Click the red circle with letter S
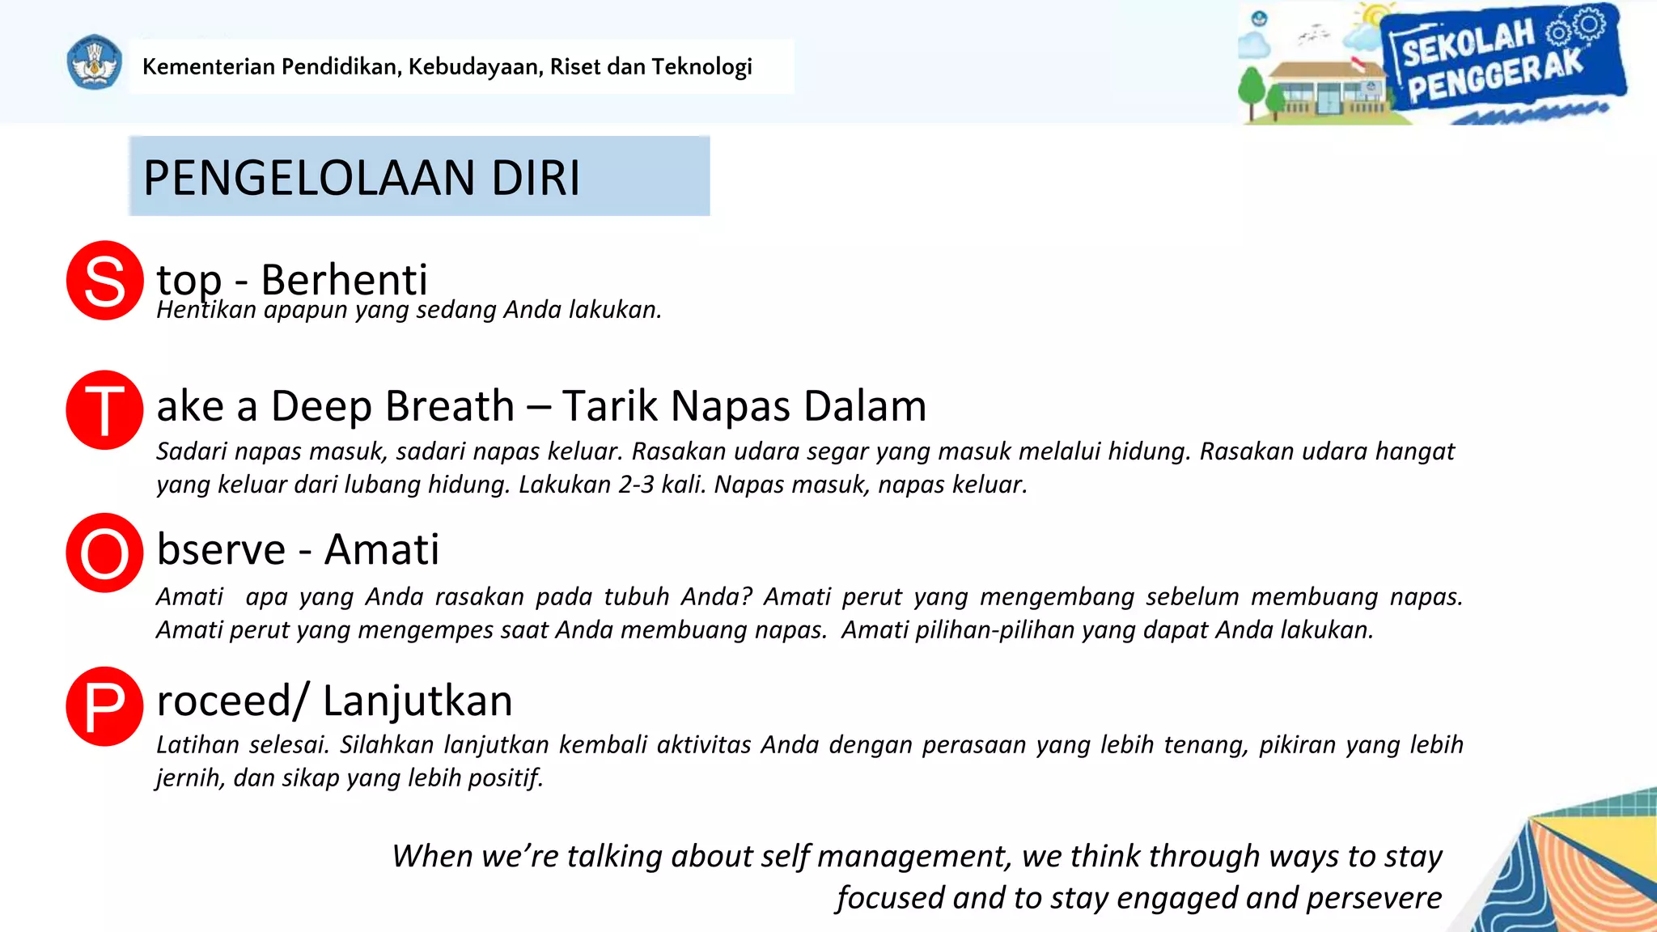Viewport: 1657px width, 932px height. [105, 281]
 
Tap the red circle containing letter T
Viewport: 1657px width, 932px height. [105, 410]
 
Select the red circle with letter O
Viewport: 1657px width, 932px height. [105, 553]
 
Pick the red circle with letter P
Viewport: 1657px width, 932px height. [105, 706]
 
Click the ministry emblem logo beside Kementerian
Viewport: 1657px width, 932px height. [95, 63]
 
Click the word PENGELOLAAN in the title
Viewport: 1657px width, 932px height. [308, 178]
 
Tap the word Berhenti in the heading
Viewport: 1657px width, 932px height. [344, 280]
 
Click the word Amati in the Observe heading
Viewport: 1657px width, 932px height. [382, 549]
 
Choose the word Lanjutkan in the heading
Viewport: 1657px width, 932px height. [417, 701]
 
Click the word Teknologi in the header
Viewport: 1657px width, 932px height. [701, 66]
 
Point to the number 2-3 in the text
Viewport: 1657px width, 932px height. [636, 485]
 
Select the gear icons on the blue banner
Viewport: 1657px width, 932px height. [1576, 28]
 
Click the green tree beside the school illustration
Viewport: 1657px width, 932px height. [1252, 89]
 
